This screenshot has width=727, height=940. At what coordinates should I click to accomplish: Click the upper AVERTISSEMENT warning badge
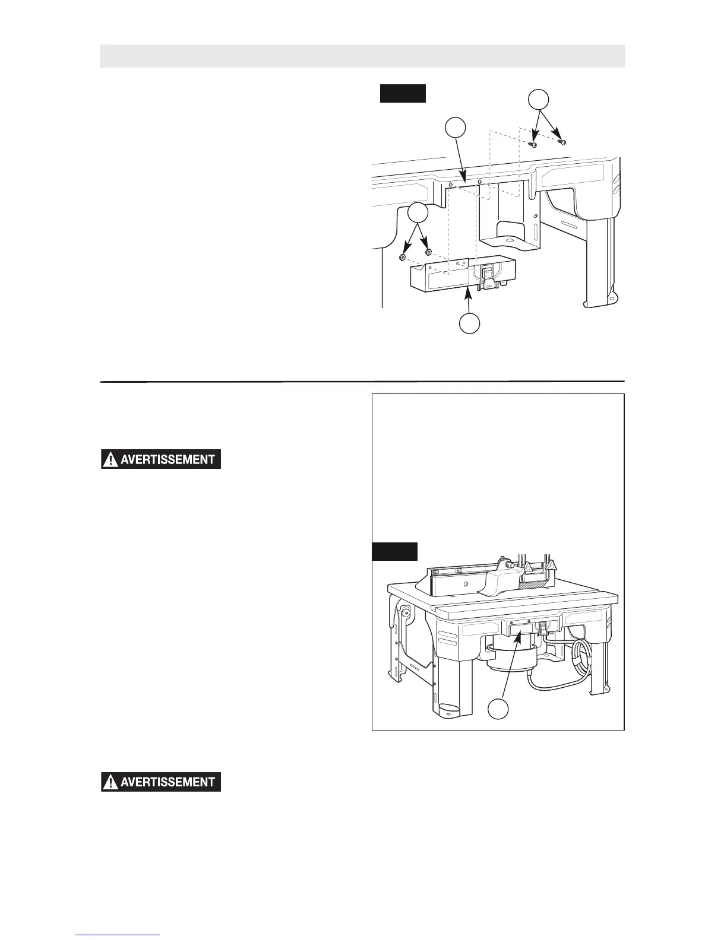[161, 460]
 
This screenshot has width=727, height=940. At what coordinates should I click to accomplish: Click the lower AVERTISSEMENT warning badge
[161, 782]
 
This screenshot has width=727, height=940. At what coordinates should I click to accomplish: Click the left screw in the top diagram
[534, 144]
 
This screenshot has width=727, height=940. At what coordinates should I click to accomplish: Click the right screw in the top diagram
[562, 142]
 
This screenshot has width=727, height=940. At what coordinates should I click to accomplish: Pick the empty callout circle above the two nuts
[418, 213]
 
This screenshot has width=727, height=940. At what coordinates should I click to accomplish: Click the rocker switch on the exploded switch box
[488, 274]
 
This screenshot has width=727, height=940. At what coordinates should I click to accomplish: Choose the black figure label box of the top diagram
[403, 94]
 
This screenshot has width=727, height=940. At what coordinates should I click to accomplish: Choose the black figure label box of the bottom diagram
[394, 551]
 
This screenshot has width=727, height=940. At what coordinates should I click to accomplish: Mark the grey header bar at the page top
[362, 56]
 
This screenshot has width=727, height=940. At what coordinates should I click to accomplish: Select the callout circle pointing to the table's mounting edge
[455, 128]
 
